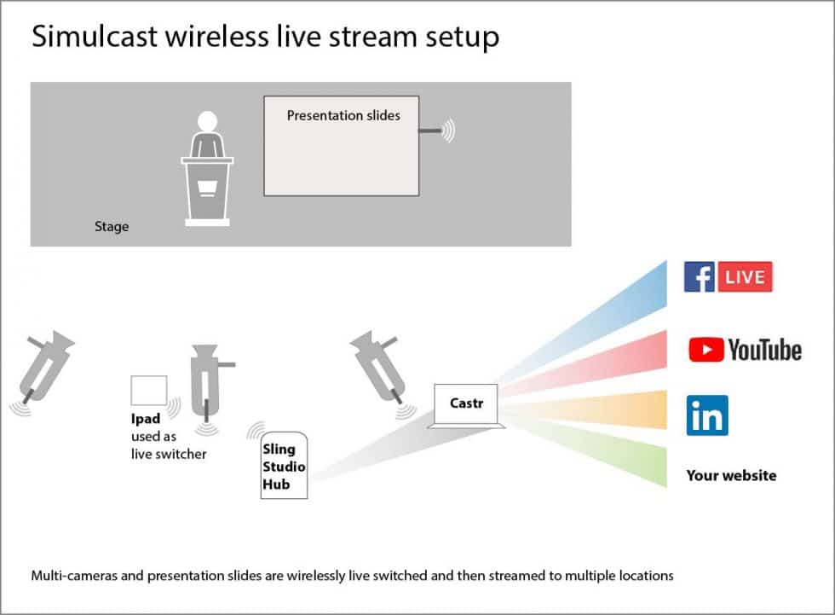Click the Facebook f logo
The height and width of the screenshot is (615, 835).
699,277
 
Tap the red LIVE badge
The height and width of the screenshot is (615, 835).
746,277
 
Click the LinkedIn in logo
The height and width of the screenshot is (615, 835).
707,415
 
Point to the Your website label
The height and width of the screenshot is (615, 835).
731,476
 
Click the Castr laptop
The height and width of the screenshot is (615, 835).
466,404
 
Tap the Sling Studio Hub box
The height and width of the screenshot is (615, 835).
284,467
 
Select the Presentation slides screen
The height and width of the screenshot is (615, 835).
342,146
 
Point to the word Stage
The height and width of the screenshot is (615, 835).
112,227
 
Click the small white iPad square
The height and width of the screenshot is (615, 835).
148,390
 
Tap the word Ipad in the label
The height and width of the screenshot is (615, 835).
146,420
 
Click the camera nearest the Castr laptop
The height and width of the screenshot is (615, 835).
379,367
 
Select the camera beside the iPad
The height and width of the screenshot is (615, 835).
206,380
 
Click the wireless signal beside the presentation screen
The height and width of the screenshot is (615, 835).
448,131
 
